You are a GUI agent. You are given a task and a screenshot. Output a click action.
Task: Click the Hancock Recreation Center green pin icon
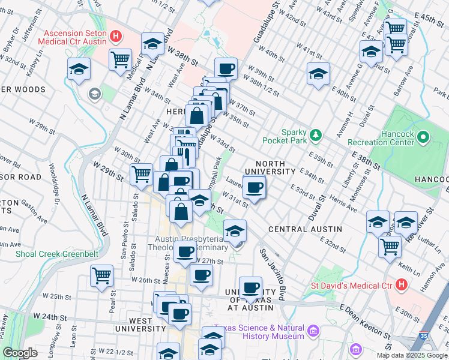423,137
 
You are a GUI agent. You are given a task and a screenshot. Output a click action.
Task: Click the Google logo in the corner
20,353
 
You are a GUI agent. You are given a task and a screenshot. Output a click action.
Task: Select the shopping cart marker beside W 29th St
141,174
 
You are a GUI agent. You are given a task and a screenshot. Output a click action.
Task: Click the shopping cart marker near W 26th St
101,275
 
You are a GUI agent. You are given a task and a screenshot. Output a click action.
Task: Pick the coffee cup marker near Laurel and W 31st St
255,187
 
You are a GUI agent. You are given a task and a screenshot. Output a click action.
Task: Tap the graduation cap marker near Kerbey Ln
79,69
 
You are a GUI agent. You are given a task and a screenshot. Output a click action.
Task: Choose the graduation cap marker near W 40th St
318,74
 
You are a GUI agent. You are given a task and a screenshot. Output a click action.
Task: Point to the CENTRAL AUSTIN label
305,229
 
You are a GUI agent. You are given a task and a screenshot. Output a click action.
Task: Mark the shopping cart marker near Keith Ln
391,245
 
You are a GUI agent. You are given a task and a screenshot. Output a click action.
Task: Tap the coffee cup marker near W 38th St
226,69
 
